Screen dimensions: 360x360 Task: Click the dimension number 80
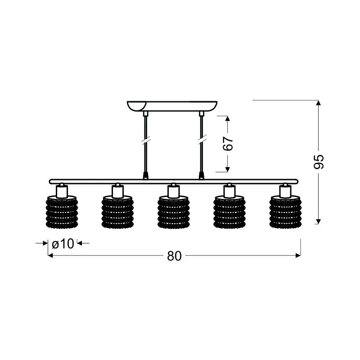174,256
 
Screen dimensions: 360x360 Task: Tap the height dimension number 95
319,162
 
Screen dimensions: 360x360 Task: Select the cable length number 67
228,144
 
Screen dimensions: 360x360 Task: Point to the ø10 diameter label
63,243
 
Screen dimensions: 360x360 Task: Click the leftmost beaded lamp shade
62,211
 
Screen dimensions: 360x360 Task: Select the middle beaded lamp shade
174,211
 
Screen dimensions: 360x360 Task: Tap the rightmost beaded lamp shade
285,211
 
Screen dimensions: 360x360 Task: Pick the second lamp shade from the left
117,211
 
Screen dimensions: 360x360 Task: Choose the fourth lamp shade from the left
229,211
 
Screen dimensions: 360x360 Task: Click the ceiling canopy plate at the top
172,106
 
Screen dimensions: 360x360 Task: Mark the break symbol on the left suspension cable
145,140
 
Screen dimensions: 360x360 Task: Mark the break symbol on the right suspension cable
202,140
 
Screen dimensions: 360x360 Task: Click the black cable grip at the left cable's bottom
145,175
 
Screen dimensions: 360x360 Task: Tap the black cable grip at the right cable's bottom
201,175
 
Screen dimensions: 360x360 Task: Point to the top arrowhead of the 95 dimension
318,103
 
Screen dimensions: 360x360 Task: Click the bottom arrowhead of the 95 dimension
318,221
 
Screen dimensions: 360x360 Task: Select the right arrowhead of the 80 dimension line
298,256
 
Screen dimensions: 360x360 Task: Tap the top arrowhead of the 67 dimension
227,118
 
